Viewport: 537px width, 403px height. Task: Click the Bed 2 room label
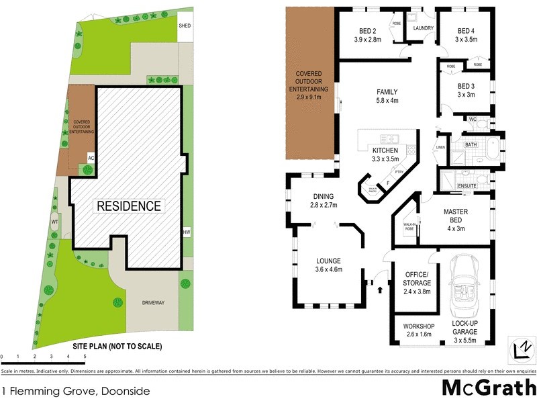coord(367,31)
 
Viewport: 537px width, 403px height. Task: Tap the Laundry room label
coord(424,28)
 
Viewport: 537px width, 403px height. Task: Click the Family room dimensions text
coord(387,101)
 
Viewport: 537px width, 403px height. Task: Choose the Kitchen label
coord(385,150)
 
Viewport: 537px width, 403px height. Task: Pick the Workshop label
coord(419,326)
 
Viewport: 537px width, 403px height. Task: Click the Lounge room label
coord(329,261)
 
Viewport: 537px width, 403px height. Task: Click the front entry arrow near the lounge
coord(381,290)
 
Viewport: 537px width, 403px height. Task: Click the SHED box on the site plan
coord(185,27)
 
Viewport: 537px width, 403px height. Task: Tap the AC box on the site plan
coord(91,156)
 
